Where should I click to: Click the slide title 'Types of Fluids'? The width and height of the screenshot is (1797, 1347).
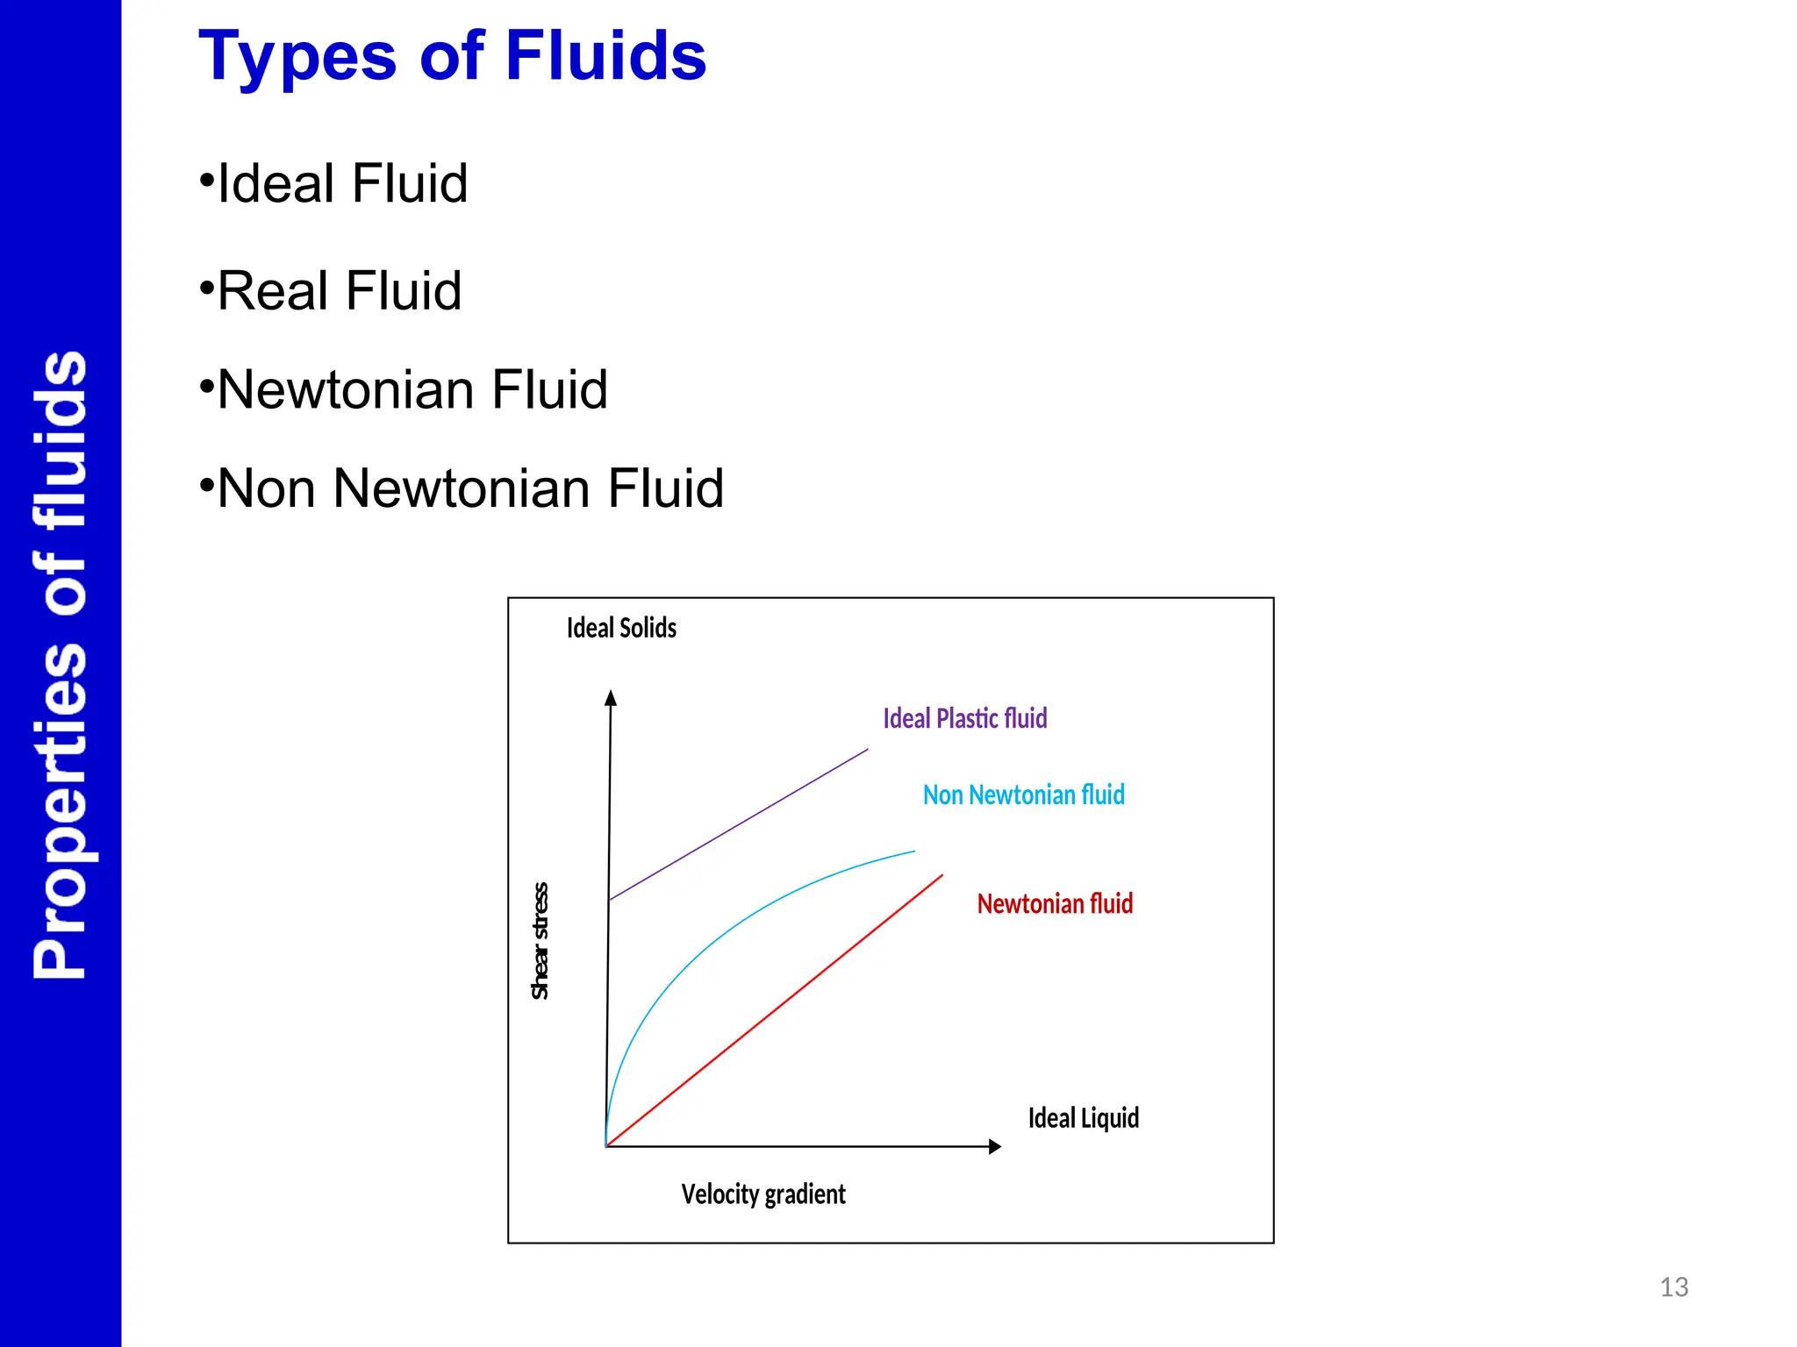(452, 56)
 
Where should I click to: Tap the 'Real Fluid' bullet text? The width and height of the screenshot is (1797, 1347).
(339, 291)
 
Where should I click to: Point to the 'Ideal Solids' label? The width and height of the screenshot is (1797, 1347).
(621, 628)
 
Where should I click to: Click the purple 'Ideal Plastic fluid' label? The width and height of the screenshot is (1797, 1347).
(964, 719)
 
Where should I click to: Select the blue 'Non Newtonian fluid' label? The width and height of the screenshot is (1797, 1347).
(1023, 795)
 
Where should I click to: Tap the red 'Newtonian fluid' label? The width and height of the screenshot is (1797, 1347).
(1055, 904)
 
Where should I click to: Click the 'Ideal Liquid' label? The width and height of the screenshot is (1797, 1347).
(1083, 1118)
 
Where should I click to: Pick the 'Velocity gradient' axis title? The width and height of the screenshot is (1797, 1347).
(763, 1194)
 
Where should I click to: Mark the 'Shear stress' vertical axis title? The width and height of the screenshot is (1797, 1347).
(541, 941)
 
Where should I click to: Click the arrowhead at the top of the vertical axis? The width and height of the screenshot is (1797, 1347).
(611, 698)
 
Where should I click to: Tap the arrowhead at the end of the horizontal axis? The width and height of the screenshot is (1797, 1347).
(994, 1146)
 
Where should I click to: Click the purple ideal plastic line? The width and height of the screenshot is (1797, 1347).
(739, 824)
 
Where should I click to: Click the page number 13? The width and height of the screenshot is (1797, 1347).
(1673, 1287)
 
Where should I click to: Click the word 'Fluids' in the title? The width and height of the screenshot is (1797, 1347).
(605, 56)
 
